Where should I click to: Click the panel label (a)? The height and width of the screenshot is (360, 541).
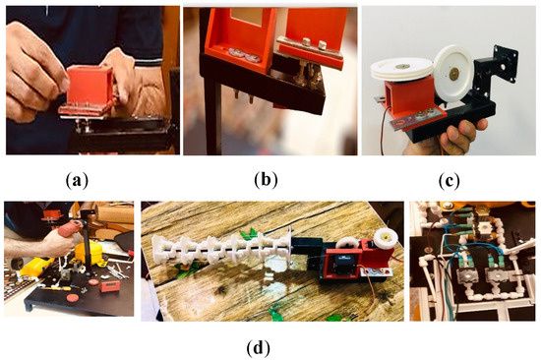click(x=77, y=180)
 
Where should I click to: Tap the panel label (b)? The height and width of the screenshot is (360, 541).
click(x=266, y=180)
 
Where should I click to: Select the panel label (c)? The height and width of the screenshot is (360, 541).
click(x=449, y=180)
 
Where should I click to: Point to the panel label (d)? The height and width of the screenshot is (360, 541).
click(x=259, y=348)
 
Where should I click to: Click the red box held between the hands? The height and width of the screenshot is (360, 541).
click(x=90, y=86)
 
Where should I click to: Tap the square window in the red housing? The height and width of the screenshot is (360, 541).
click(x=247, y=16)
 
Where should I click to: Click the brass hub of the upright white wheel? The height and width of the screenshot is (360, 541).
click(x=453, y=73)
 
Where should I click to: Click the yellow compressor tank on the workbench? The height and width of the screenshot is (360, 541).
click(x=87, y=253)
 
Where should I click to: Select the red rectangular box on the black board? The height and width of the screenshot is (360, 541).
click(x=110, y=286)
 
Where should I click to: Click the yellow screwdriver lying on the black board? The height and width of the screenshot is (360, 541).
click(x=55, y=288)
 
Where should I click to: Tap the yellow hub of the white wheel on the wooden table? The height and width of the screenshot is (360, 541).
click(x=387, y=237)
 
